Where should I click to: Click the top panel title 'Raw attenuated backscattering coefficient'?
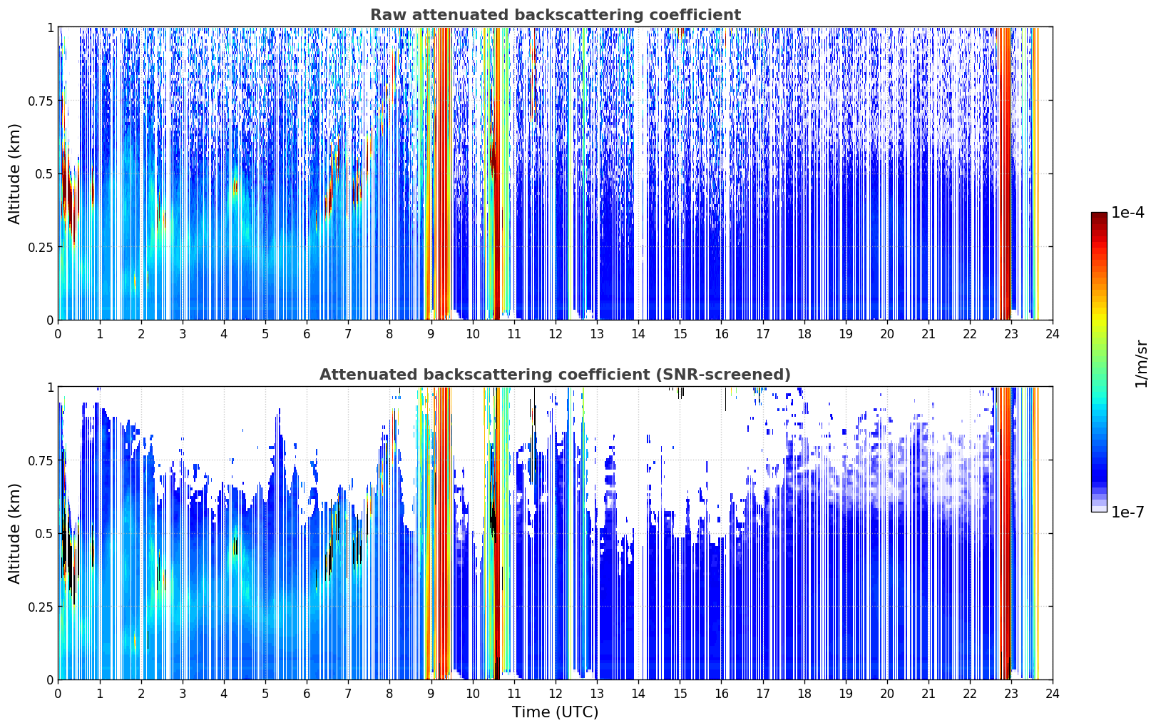click(556, 14)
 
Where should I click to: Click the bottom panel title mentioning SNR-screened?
click(556, 374)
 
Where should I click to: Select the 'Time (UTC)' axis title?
click(556, 712)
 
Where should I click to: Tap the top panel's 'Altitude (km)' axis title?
click(14, 174)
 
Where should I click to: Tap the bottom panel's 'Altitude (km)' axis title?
click(14, 533)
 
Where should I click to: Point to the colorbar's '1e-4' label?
click(1127, 212)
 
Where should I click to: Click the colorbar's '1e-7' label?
click(1127, 512)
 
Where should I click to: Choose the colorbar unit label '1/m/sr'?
click(1142, 363)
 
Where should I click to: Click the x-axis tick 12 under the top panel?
click(556, 333)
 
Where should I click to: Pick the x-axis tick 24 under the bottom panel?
click(1053, 694)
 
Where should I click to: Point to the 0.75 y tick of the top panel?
click(40, 101)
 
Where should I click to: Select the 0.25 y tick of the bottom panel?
click(40, 607)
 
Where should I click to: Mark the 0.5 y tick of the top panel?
click(44, 174)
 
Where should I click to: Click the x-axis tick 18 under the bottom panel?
click(804, 694)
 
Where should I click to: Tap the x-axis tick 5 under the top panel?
click(265, 333)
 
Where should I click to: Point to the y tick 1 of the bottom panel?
click(50, 388)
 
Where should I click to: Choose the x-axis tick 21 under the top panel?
click(929, 333)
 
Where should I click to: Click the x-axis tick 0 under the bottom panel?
click(58, 694)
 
